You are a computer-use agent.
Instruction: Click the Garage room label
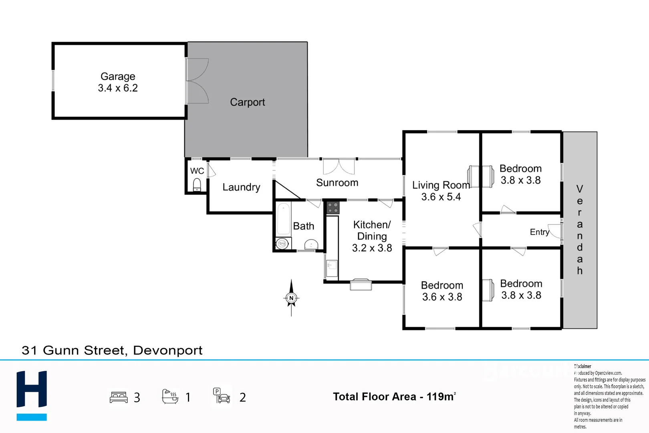click(118, 77)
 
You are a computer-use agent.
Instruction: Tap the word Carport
click(247, 102)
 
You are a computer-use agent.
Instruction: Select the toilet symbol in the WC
click(197, 185)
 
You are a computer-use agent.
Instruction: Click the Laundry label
click(241, 187)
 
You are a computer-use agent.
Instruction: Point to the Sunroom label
click(337, 183)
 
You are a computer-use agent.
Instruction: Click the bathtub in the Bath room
click(283, 219)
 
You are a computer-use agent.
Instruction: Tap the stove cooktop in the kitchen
click(333, 208)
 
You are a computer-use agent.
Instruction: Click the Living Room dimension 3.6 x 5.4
click(441, 197)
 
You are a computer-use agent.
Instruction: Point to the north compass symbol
click(291, 298)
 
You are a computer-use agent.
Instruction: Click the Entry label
click(539, 232)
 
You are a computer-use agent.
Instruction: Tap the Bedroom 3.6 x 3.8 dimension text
click(442, 297)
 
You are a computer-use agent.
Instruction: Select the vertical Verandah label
click(579, 229)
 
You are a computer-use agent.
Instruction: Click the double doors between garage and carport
click(197, 81)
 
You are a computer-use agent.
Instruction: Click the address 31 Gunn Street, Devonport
click(112, 350)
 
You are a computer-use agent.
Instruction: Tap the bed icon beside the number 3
click(119, 397)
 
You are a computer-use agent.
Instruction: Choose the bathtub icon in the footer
click(170, 397)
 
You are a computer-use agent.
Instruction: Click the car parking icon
click(222, 396)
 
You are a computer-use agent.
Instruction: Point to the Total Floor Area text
click(394, 397)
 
